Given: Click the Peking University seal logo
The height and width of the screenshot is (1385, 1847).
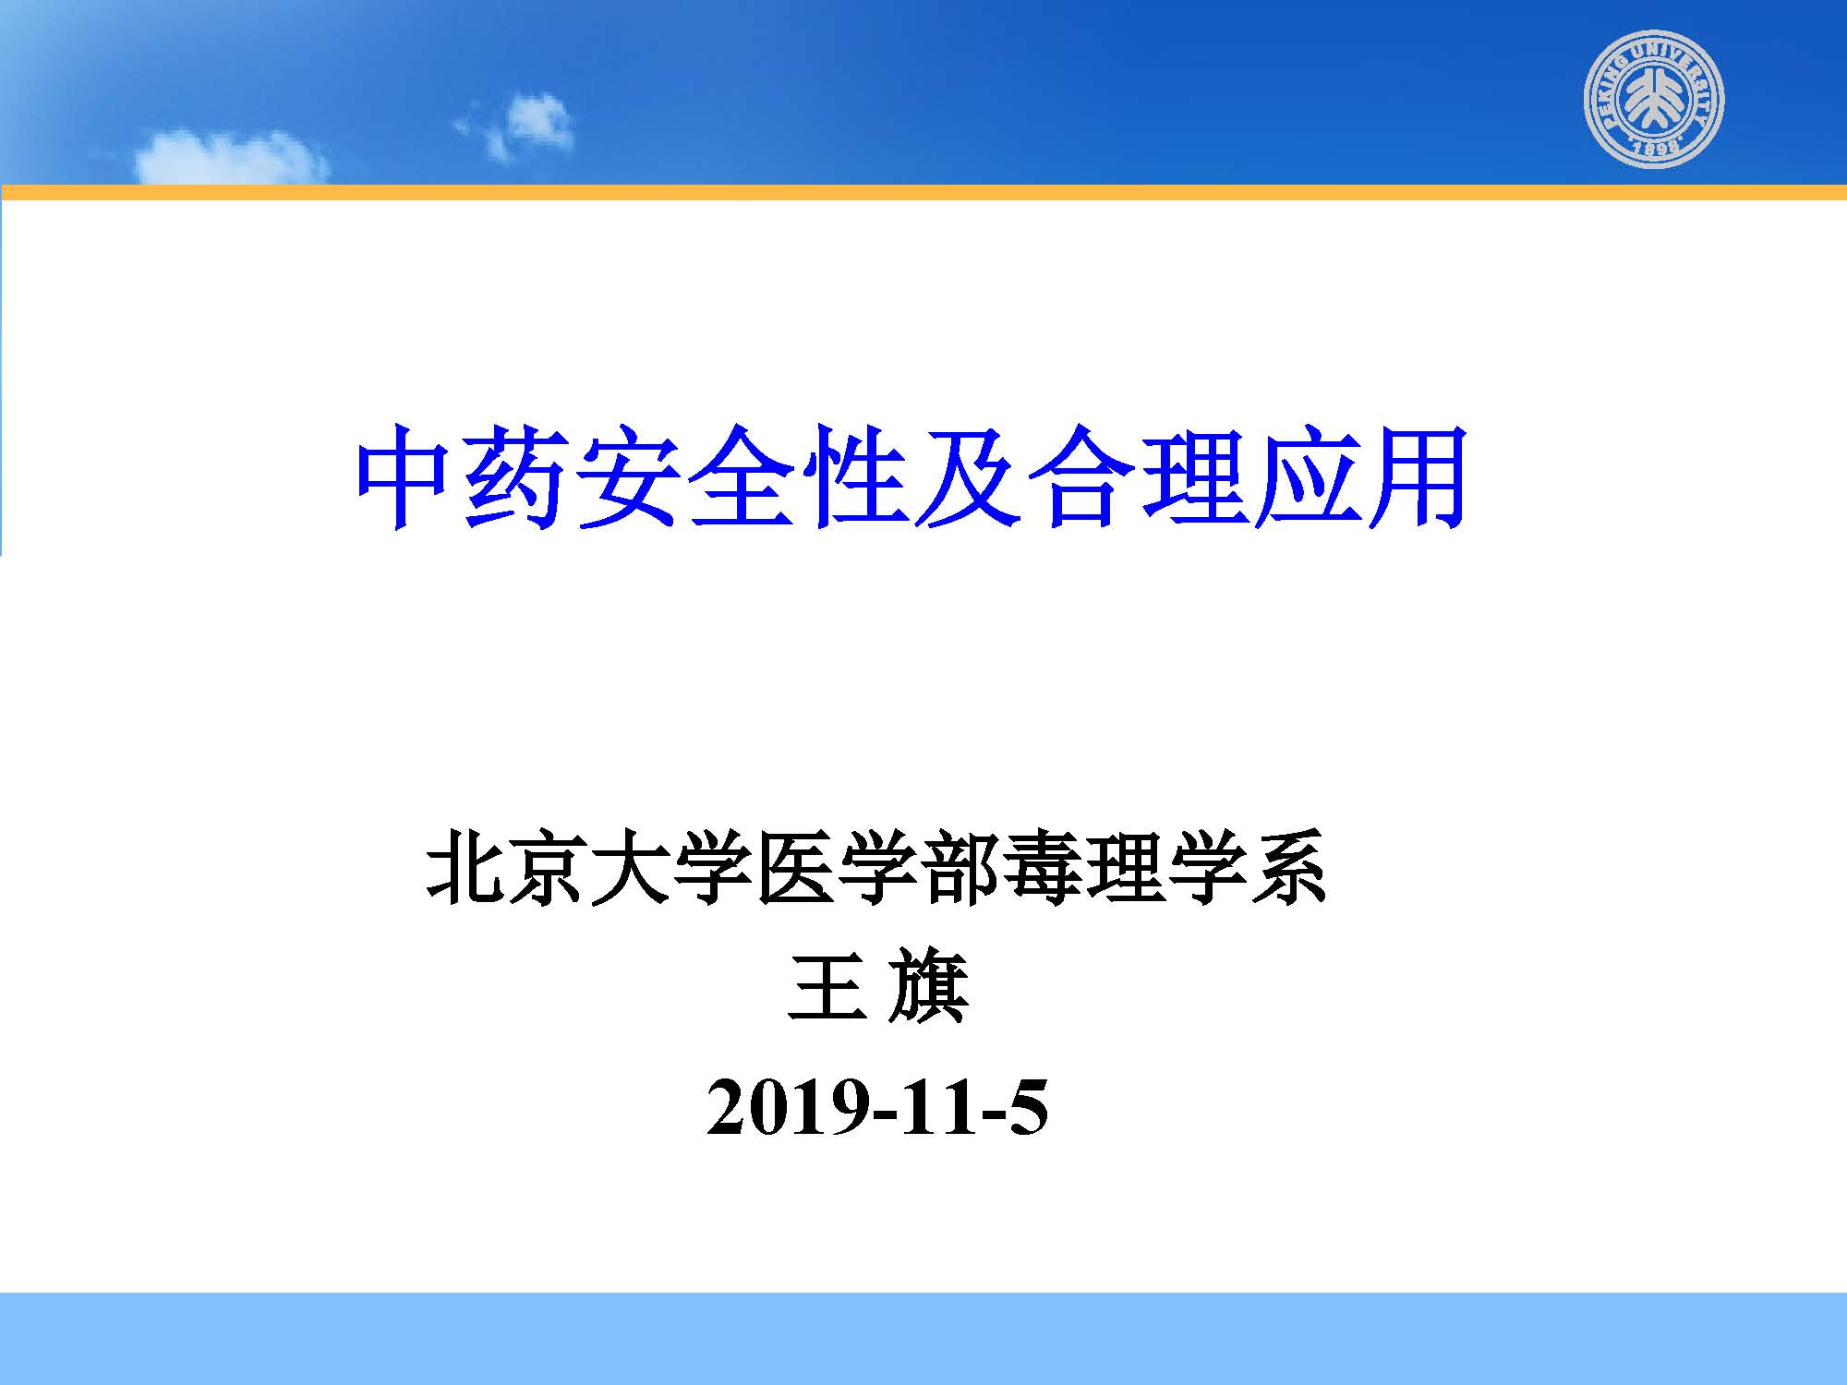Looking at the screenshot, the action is click(x=1654, y=99).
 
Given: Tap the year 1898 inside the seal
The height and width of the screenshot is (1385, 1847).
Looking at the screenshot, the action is click(x=1655, y=149).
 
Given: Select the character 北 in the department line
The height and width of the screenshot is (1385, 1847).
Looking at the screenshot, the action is click(x=465, y=865).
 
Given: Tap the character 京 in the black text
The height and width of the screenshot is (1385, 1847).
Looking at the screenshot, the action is click(x=547, y=865).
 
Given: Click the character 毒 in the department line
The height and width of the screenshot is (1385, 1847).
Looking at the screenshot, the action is click(x=1042, y=865).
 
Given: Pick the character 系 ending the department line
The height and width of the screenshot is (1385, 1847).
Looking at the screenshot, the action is click(x=1288, y=865).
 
